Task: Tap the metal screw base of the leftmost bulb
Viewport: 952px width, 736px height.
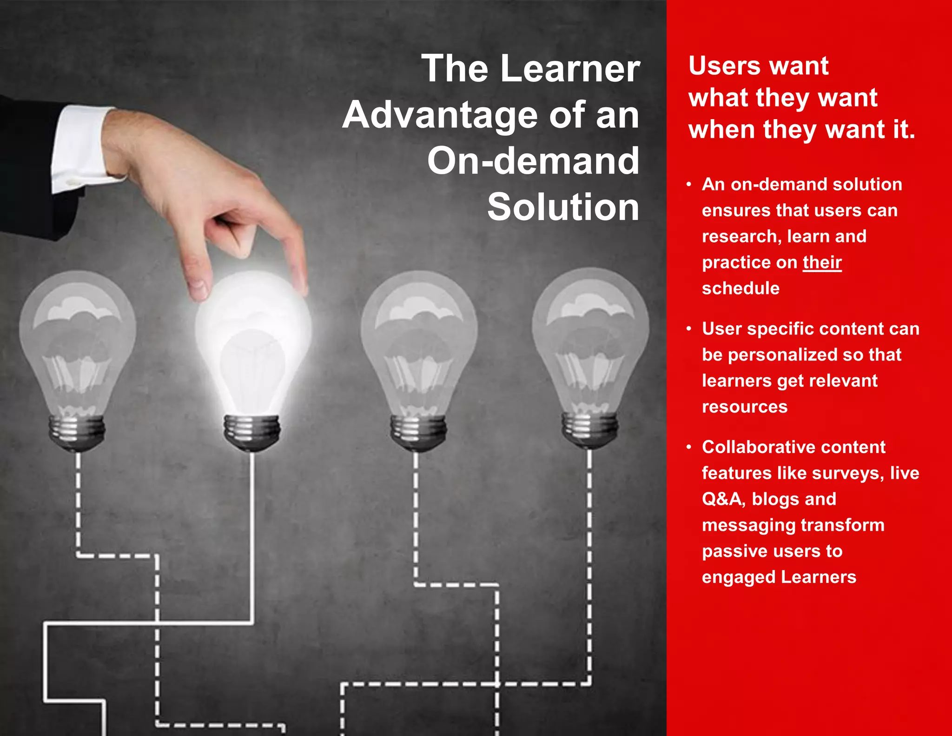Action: coord(77,432)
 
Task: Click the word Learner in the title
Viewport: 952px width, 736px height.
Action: coord(570,69)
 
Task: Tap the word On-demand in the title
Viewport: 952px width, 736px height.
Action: coord(533,161)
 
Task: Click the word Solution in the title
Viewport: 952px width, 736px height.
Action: coord(563,207)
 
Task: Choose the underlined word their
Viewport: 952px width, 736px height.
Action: coord(822,262)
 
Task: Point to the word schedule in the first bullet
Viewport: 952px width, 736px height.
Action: coord(740,288)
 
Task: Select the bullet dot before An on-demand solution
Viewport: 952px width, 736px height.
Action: coord(689,185)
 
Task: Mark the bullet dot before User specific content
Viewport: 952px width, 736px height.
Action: coord(689,329)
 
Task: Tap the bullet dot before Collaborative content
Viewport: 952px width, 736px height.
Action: coord(689,447)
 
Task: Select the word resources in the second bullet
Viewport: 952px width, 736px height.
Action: coord(745,407)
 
